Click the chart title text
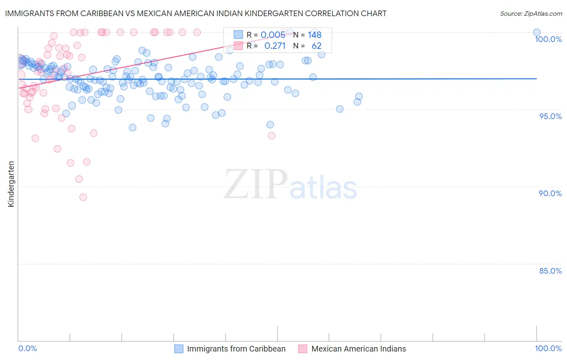[x=196, y=13]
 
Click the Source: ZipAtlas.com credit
[x=531, y=13]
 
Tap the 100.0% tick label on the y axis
[x=548, y=39]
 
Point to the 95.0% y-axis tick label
[x=550, y=116]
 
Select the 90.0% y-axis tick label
[x=550, y=193]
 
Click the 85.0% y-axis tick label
[x=550, y=271]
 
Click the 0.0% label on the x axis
[x=27, y=348]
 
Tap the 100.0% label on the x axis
[x=548, y=348]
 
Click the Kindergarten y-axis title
[x=11, y=184]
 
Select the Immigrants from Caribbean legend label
[x=236, y=349]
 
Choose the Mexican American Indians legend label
[x=359, y=349]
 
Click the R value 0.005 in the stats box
[x=273, y=35]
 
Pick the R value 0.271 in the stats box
[x=275, y=46]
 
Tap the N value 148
[x=315, y=35]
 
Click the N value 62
[x=317, y=46]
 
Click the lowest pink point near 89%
[x=83, y=197]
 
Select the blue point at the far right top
[x=537, y=32]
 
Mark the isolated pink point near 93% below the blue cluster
[x=272, y=136]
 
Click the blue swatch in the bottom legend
[x=179, y=349]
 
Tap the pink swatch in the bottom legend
[x=303, y=349]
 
